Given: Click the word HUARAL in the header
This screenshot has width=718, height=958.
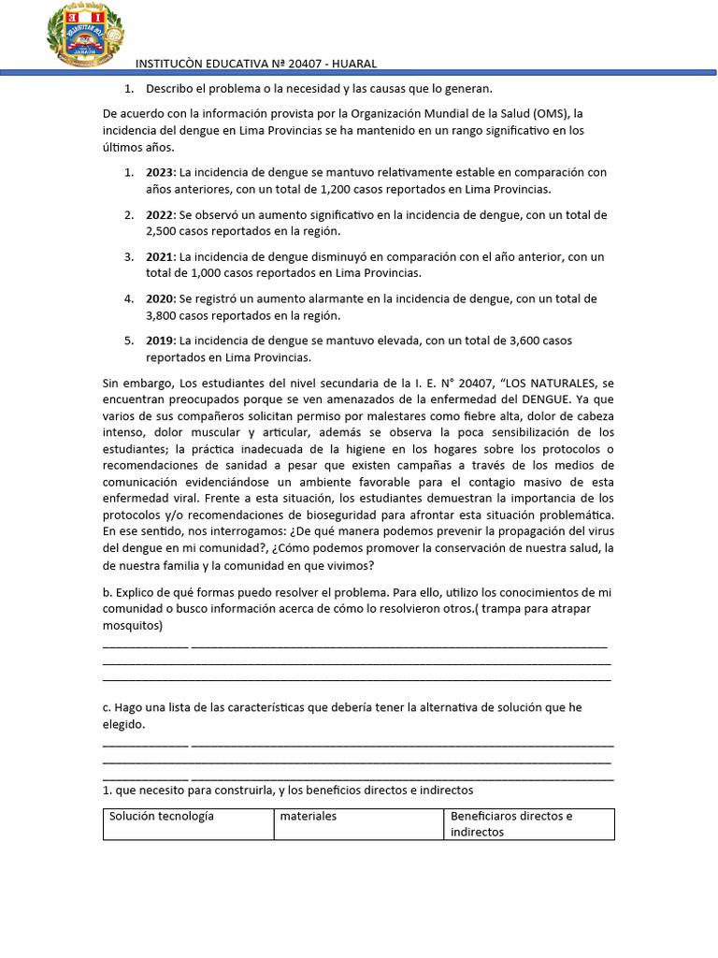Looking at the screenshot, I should (352, 64).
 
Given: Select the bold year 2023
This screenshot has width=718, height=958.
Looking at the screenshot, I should (161, 172).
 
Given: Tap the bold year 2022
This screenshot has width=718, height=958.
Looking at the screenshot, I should (161, 214).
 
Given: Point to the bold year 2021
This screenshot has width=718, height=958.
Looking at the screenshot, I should (161, 256).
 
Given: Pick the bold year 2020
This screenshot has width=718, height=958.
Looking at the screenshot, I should (161, 298).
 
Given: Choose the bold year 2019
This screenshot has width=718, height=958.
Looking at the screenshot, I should (161, 341).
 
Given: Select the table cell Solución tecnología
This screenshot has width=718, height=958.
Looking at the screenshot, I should (162, 816).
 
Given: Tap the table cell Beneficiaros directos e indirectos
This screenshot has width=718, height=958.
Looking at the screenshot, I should (511, 823).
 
